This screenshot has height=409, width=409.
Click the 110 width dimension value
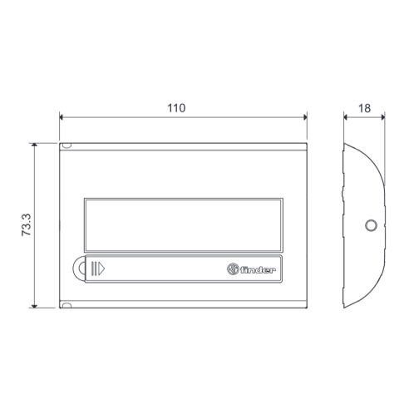click(x=176, y=108)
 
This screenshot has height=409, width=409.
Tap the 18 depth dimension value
click(x=364, y=108)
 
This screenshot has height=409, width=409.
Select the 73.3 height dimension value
click(x=27, y=224)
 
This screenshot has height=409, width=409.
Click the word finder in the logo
click(x=258, y=269)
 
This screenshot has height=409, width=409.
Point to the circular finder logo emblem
click(x=233, y=269)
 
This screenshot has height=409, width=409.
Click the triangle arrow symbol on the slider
click(x=101, y=269)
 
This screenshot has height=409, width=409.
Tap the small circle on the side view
click(x=371, y=225)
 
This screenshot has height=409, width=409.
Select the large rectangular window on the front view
click(x=184, y=225)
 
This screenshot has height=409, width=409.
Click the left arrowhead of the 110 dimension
click(x=62, y=117)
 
